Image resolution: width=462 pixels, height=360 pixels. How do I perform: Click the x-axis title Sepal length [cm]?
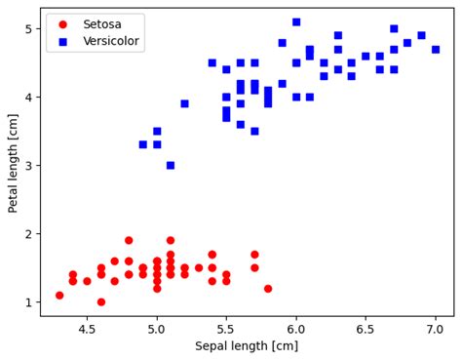(247, 346)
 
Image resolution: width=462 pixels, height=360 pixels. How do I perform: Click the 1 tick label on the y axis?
(28, 302)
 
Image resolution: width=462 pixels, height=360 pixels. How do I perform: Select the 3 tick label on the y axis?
(28, 166)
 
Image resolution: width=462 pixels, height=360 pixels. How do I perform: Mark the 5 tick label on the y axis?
(28, 29)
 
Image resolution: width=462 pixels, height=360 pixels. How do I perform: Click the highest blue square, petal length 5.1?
(296, 21)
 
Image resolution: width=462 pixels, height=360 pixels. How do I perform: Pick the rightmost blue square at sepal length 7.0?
(436, 49)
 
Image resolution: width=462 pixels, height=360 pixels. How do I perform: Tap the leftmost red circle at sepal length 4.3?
(59, 295)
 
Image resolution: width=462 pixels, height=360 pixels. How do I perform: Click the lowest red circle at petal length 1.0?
(101, 301)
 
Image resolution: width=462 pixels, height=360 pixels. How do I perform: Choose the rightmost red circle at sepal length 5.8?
(268, 288)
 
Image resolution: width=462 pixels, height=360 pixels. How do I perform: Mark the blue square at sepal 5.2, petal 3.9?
(184, 103)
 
